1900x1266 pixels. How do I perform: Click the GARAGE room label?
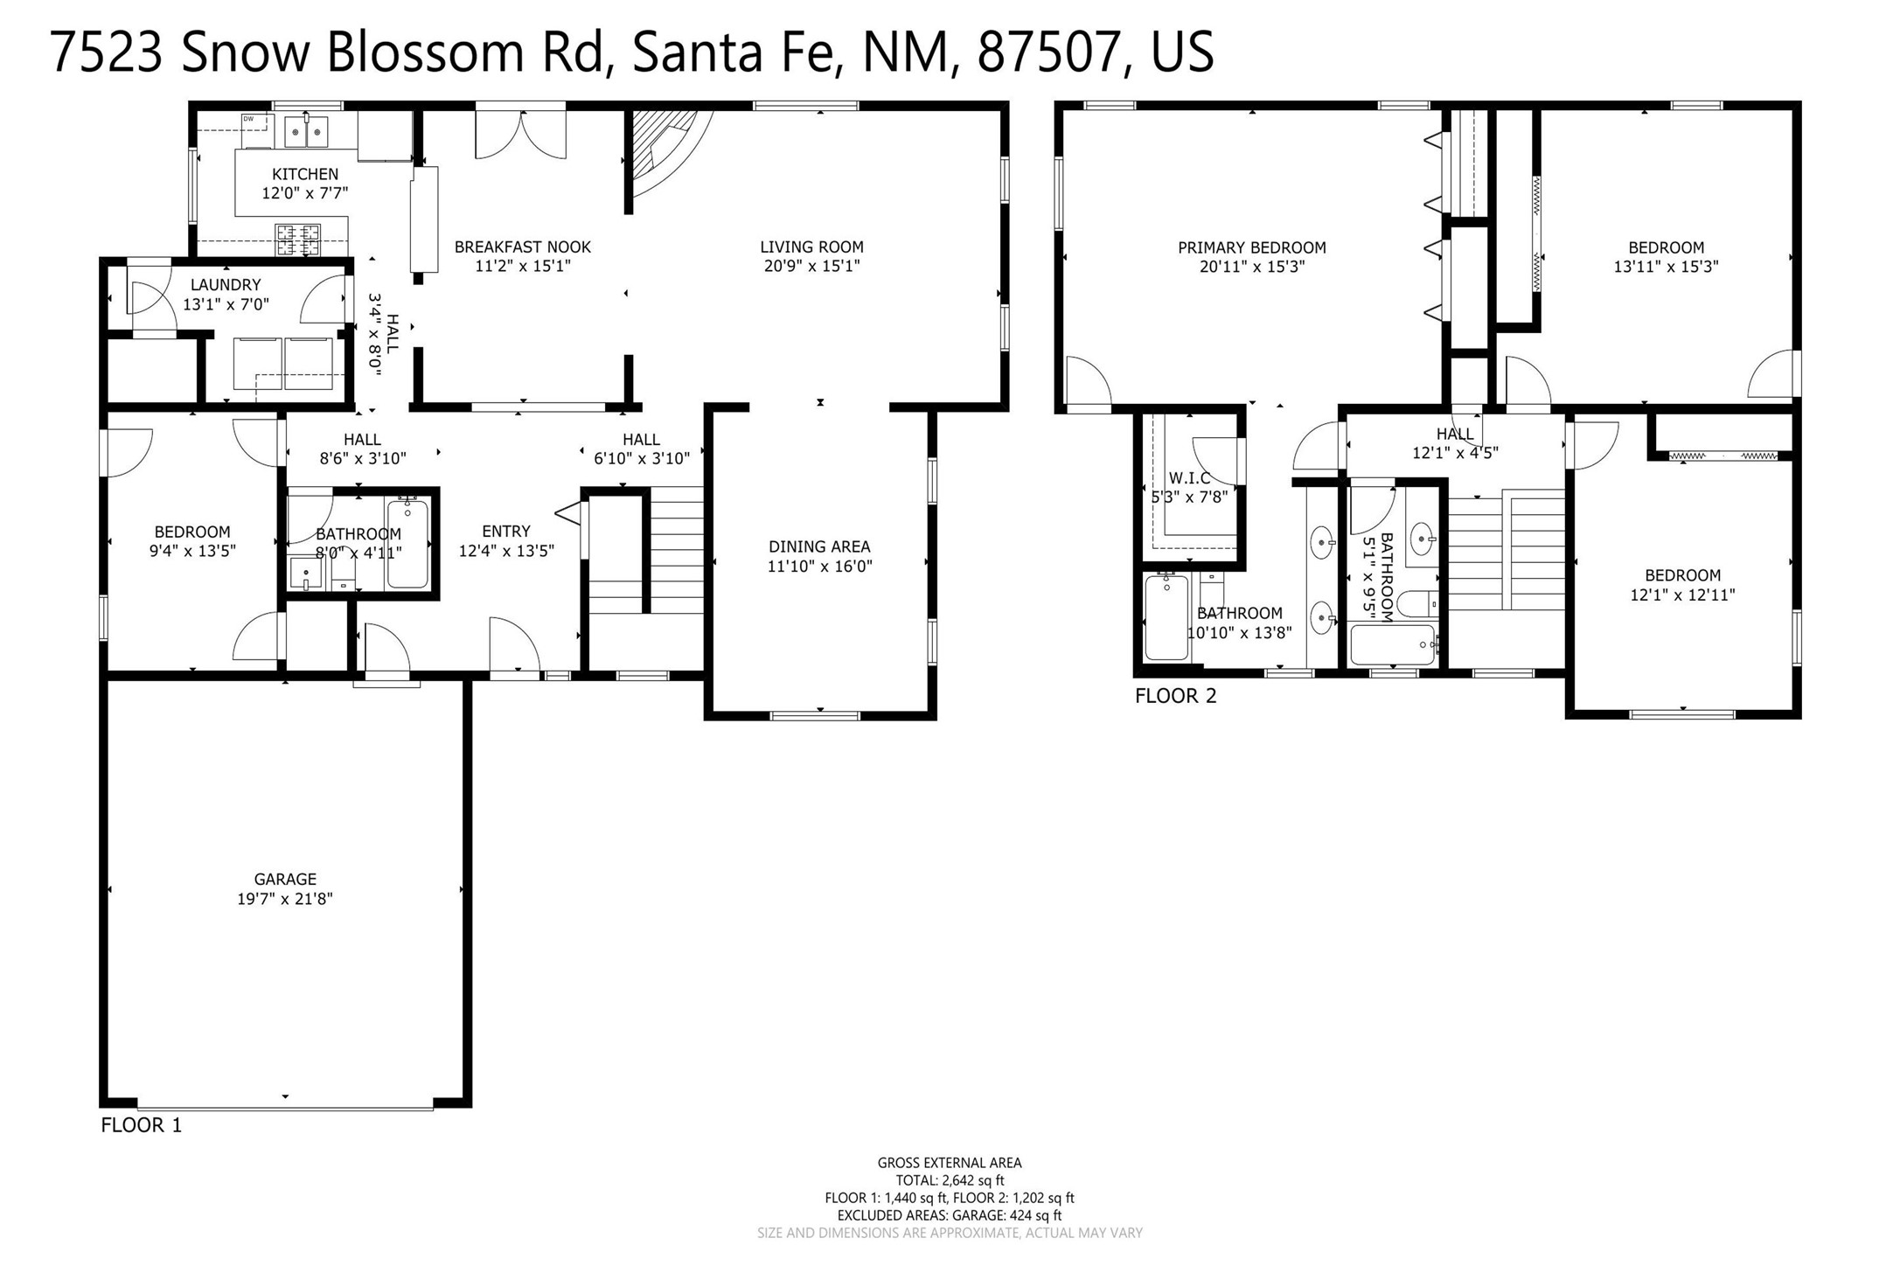click(285, 879)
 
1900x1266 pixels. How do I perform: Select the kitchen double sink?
click(306, 132)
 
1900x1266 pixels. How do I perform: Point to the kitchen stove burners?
click(298, 239)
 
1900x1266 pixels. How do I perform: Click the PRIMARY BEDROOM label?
click(1252, 247)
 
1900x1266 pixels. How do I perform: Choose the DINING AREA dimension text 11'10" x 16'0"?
click(819, 566)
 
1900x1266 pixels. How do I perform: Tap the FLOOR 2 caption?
click(1175, 696)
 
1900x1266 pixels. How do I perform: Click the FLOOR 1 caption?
click(142, 1125)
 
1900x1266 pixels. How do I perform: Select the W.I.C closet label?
click(1189, 478)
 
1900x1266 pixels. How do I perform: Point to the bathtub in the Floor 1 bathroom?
click(407, 543)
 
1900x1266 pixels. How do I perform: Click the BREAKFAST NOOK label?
click(523, 247)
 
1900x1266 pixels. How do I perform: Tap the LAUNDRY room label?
click(226, 285)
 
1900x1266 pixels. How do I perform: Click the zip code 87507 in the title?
click(1049, 52)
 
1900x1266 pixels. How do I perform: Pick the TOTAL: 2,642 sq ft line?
click(950, 1180)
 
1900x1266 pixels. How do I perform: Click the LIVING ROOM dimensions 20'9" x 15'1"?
click(811, 266)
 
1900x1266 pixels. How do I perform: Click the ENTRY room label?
click(506, 531)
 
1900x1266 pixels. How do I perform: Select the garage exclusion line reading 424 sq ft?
click(950, 1215)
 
